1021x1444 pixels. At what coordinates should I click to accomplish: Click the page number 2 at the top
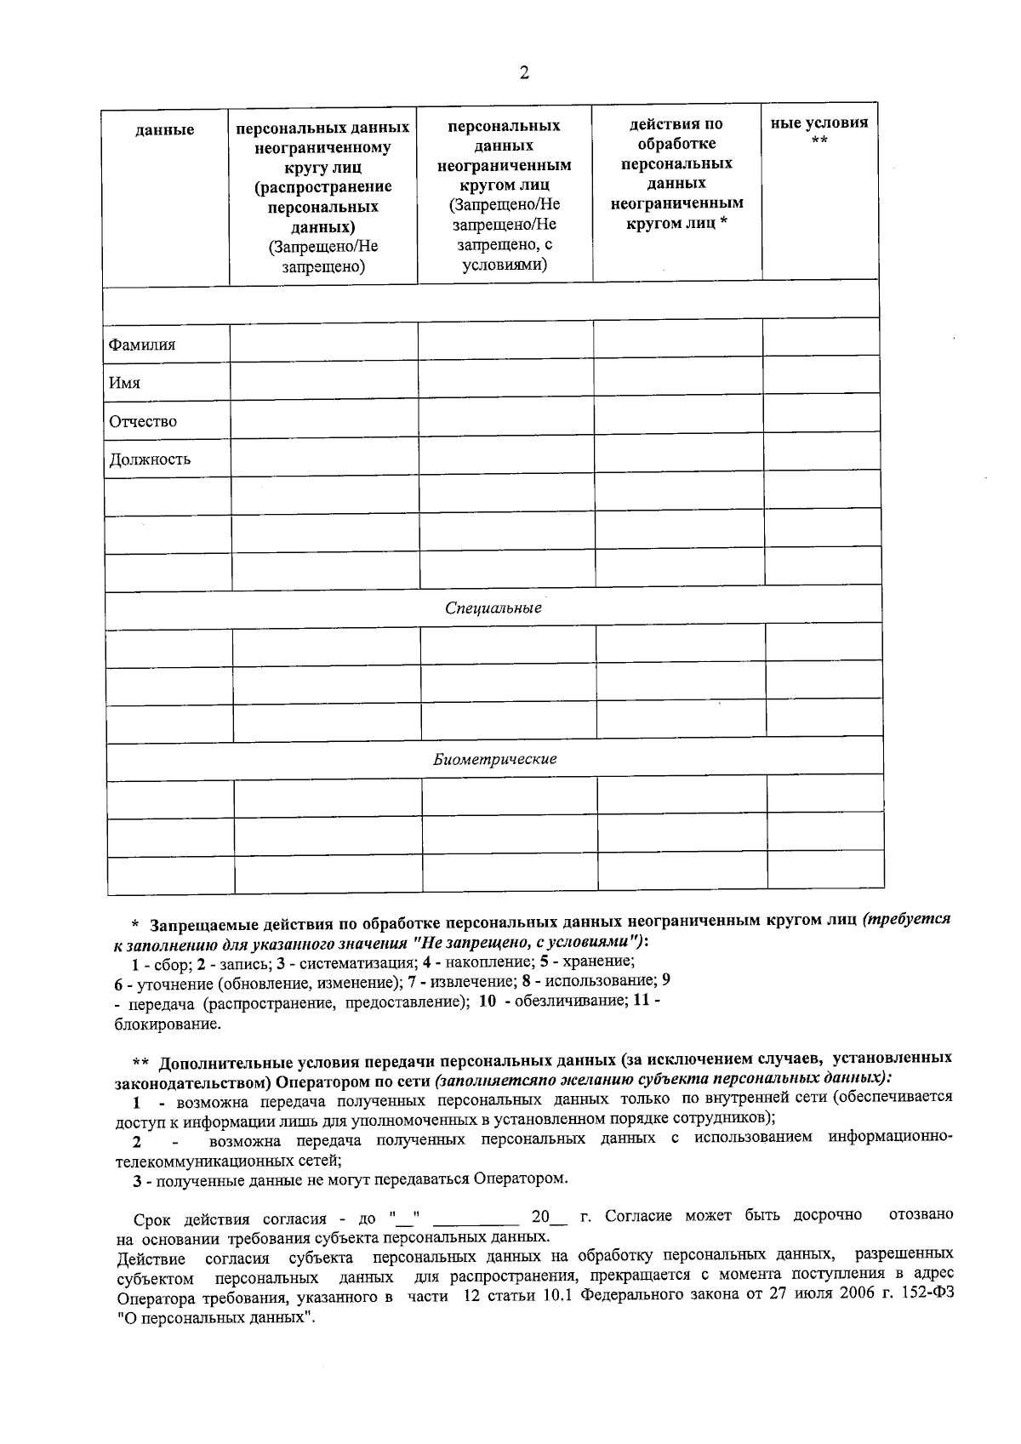(524, 73)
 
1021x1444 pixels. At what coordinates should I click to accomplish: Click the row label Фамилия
(141, 345)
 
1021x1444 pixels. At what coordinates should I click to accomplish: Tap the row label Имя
(124, 383)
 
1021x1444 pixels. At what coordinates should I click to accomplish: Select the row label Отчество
(143, 421)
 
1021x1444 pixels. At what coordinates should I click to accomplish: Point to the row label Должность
(149, 459)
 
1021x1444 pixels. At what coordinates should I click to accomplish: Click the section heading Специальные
(493, 608)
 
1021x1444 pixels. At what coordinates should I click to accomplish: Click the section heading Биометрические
(494, 759)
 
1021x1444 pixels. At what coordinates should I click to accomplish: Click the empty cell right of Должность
(323, 458)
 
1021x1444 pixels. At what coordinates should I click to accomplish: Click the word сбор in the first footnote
(167, 962)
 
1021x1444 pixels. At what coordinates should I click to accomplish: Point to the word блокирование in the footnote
(168, 1024)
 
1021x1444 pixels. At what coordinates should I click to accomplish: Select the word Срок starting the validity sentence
(154, 1217)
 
